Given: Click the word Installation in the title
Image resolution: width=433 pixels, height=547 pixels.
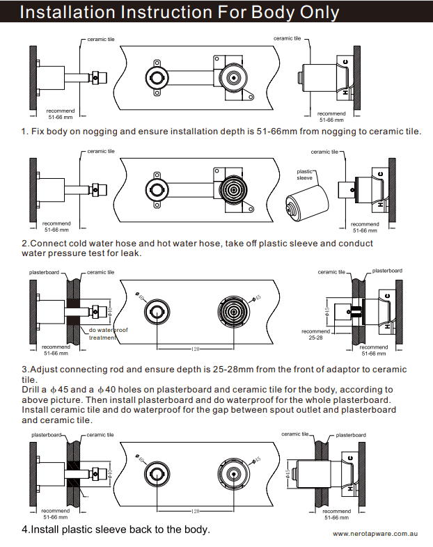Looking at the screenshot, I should point(69,12).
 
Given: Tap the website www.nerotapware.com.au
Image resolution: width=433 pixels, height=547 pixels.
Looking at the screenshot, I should point(375,534).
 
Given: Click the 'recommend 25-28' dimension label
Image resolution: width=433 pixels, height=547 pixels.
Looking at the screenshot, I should point(311,334).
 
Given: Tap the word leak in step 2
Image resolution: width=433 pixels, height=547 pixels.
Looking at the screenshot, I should point(131,253).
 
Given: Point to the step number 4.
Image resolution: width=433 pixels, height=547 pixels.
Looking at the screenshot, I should point(24,530).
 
